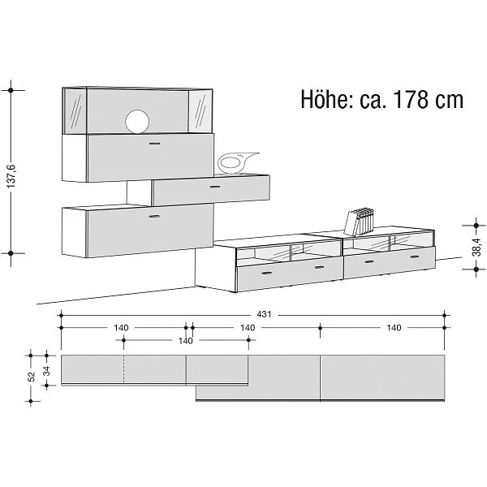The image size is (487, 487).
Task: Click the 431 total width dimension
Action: (264, 314)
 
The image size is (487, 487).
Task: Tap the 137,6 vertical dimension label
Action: (11, 176)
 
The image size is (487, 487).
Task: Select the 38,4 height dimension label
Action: (476, 248)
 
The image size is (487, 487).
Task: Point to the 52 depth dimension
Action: (32, 377)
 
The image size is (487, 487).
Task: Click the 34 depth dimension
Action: (46, 371)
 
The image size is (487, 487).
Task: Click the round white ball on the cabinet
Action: (137, 122)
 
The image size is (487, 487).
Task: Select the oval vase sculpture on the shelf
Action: (235, 163)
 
